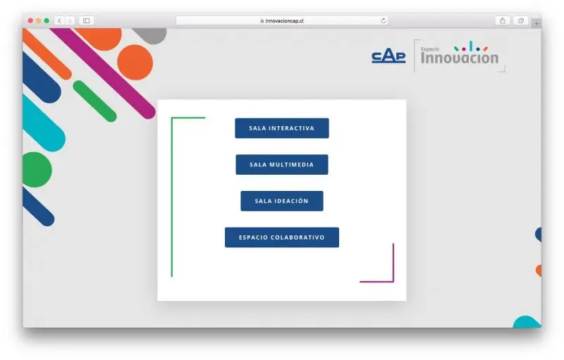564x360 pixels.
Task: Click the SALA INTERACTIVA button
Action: coord(281,128)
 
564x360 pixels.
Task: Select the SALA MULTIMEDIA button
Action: coord(281,165)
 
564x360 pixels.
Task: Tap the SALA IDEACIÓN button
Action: coord(281,201)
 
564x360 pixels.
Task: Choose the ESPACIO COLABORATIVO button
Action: coord(281,237)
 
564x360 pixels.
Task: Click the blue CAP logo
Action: coord(388,57)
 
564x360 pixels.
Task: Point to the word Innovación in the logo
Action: coord(460,58)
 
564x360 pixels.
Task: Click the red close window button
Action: coord(30,21)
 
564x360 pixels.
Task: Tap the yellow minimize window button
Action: coord(39,21)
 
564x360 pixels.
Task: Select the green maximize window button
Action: coord(47,21)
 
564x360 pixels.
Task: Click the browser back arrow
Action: coord(59,21)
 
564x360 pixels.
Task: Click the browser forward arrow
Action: coord(70,21)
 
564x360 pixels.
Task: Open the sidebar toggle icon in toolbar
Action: coord(86,21)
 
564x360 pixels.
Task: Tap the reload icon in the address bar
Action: coord(384,21)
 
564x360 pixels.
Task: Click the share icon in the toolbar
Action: coord(503,21)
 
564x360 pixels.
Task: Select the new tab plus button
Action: coord(537,24)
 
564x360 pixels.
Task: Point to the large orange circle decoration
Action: coord(135,62)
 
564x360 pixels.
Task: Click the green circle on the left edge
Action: coord(37,170)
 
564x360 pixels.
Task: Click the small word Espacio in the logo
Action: coord(430,49)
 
